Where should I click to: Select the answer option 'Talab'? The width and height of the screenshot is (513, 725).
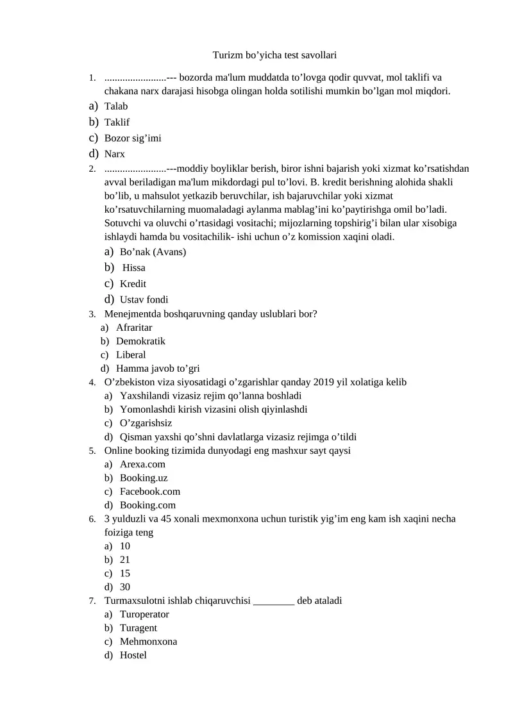tap(116, 106)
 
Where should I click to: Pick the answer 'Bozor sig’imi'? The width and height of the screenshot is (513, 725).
tap(133, 138)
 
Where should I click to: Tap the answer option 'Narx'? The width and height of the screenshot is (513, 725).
tap(115, 154)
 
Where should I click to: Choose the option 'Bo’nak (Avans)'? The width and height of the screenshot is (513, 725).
tap(153, 252)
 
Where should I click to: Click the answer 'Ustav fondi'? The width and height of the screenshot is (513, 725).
tap(144, 299)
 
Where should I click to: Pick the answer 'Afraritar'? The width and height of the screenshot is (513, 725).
tap(134, 328)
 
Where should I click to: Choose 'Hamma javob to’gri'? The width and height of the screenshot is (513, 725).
tap(158, 369)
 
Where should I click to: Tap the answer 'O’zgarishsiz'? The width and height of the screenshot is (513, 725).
tap(146, 423)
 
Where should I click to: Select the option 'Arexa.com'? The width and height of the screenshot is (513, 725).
tap(142, 464)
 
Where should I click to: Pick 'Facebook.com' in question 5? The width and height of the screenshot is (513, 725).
tap(150, 492)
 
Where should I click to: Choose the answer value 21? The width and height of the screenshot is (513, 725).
tap(125, 560)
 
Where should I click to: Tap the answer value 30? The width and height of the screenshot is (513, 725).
tap(125, 587)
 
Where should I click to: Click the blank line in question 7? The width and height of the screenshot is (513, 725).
tap(274, 601)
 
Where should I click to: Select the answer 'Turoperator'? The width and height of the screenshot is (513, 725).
tap(144, 614)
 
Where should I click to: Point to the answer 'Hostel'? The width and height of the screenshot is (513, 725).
tap(133, 655)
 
